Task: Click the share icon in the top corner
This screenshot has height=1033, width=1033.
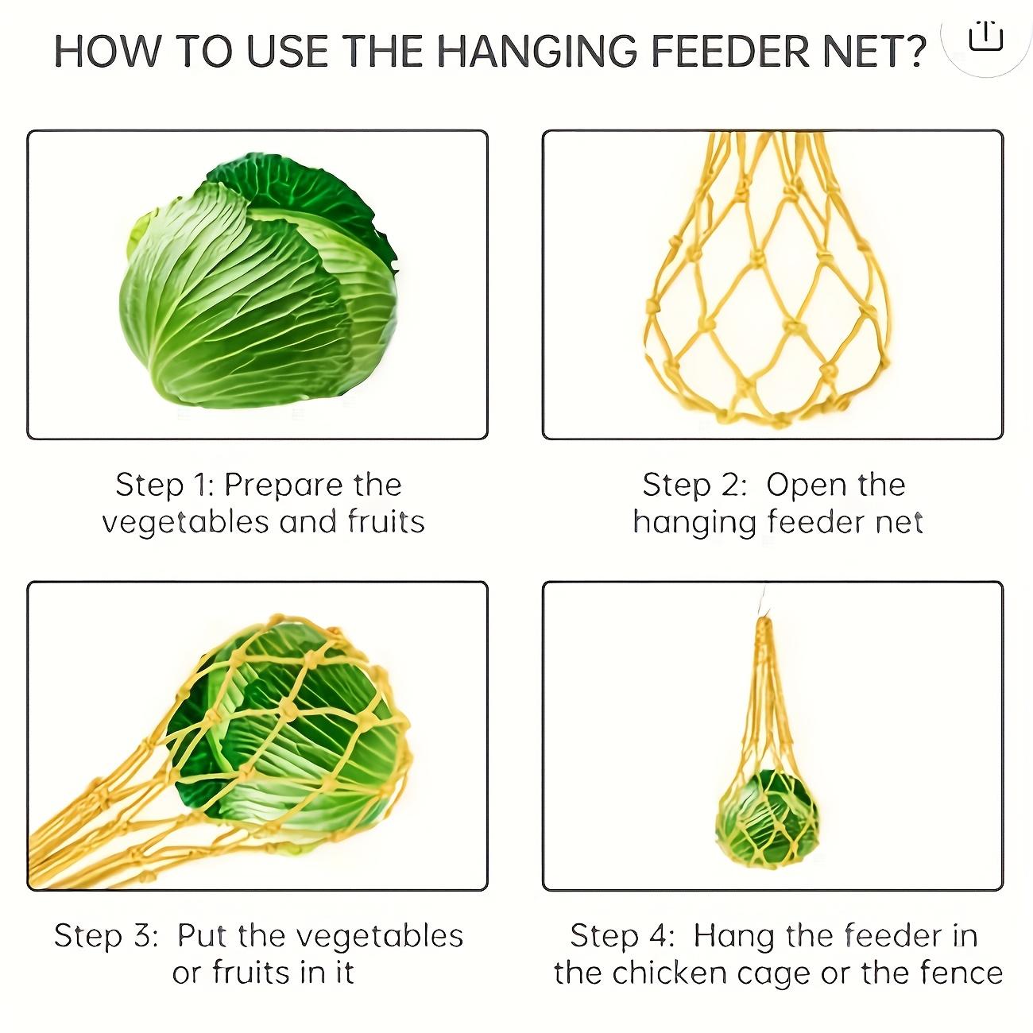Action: [986, 36]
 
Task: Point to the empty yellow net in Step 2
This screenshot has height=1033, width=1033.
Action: [771, 302]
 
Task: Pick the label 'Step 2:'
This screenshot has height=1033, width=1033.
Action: [694, 485]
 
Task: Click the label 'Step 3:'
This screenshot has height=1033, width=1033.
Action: [106, 936]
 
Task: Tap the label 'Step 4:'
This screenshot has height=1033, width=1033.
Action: [622, 936]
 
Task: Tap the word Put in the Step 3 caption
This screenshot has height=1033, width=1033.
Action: [203, 936]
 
